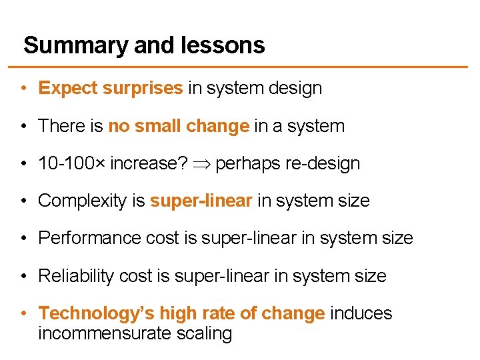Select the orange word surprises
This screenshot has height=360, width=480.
pyautogui.click(x=143, y=89)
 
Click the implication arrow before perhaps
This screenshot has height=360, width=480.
pyautogui.click(x=201, y=164)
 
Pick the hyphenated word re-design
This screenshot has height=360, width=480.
pyautogui.click(x=321, y=163)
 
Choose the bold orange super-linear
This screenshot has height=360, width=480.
pyautogui.click(x=201, y=201)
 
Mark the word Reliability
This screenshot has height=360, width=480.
pyautogui.click(x=75, y=275)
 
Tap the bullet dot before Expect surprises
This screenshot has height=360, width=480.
pyautogui.click(x=23, y=89)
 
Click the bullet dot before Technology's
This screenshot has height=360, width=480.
pyautogui.click(x=23, y=313)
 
